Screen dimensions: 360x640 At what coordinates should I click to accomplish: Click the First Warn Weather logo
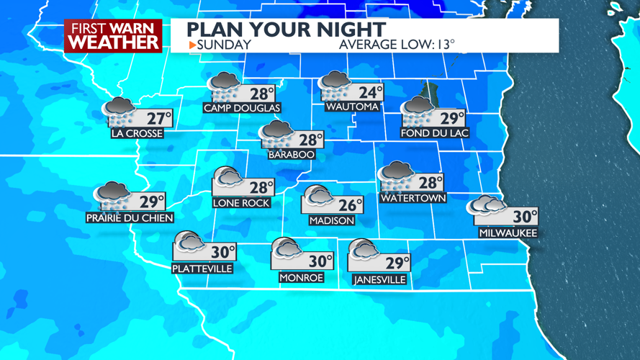coord(113,36)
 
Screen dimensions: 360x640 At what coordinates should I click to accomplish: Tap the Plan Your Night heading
coord(287,30)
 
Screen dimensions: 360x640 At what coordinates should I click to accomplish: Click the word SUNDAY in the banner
coord(224,45)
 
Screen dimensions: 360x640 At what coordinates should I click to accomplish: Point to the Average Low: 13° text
coord(397,45)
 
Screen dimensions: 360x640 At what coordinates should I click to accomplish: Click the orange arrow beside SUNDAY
coord(192,45)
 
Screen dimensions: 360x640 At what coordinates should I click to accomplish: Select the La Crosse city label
coord(137,133)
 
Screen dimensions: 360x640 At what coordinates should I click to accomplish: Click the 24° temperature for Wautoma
coord(371,93)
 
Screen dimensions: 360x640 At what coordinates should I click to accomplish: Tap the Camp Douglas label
coord(242,108)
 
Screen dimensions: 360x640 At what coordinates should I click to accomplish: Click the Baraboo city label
coord(291,155)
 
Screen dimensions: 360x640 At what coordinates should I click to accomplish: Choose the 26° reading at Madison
coord(350,206)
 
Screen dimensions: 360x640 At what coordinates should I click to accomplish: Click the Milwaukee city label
coord(508,233)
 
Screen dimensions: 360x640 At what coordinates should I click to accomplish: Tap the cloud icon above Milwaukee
coord(485,207)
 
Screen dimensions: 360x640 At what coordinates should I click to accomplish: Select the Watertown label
coord(413,198)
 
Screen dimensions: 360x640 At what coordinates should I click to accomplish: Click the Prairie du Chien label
coord(130,217)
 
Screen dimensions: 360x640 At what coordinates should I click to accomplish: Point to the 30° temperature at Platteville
coord(222,251)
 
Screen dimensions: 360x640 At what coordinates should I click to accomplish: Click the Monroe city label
coord(301,277)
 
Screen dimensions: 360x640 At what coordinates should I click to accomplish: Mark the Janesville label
coord(379,280)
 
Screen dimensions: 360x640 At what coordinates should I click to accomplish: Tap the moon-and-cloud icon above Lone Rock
coord(227,178)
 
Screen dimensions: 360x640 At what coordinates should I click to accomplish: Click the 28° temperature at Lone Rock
coord(261,187)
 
